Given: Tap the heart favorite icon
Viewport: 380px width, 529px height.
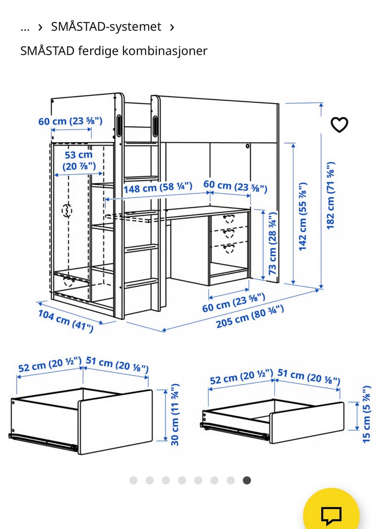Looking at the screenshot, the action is click(x=339, y=125).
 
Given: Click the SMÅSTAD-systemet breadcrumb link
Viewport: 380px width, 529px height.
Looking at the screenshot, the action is click(x=106, y=27).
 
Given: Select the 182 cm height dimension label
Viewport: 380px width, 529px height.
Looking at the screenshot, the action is click(x=331, y=195).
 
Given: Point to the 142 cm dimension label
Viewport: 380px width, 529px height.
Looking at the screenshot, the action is click(x=303, y=216).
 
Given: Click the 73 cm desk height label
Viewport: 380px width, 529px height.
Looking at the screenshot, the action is click(x=272, y=243).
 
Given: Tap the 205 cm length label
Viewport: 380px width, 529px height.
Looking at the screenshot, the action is click(x=250, y=317).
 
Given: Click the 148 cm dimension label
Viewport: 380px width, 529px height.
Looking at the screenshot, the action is click(x=158, y=188).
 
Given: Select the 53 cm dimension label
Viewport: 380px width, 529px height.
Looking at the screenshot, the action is click(x=79, y=161).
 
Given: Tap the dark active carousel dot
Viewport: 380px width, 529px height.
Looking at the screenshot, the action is click(x=247, y=480).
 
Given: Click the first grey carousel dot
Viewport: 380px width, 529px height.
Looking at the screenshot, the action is click(x=133, y=480).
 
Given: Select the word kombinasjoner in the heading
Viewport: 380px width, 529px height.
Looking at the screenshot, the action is click(x=165, y=51).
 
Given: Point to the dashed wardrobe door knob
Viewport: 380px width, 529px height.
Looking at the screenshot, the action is click(x=67, y=210).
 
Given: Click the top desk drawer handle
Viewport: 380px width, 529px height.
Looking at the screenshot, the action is click(x=229, y=219).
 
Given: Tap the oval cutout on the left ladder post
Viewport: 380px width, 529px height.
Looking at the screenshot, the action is click(x=119, y=126).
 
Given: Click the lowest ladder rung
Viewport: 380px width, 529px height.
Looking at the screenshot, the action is click(x=141, y=283).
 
